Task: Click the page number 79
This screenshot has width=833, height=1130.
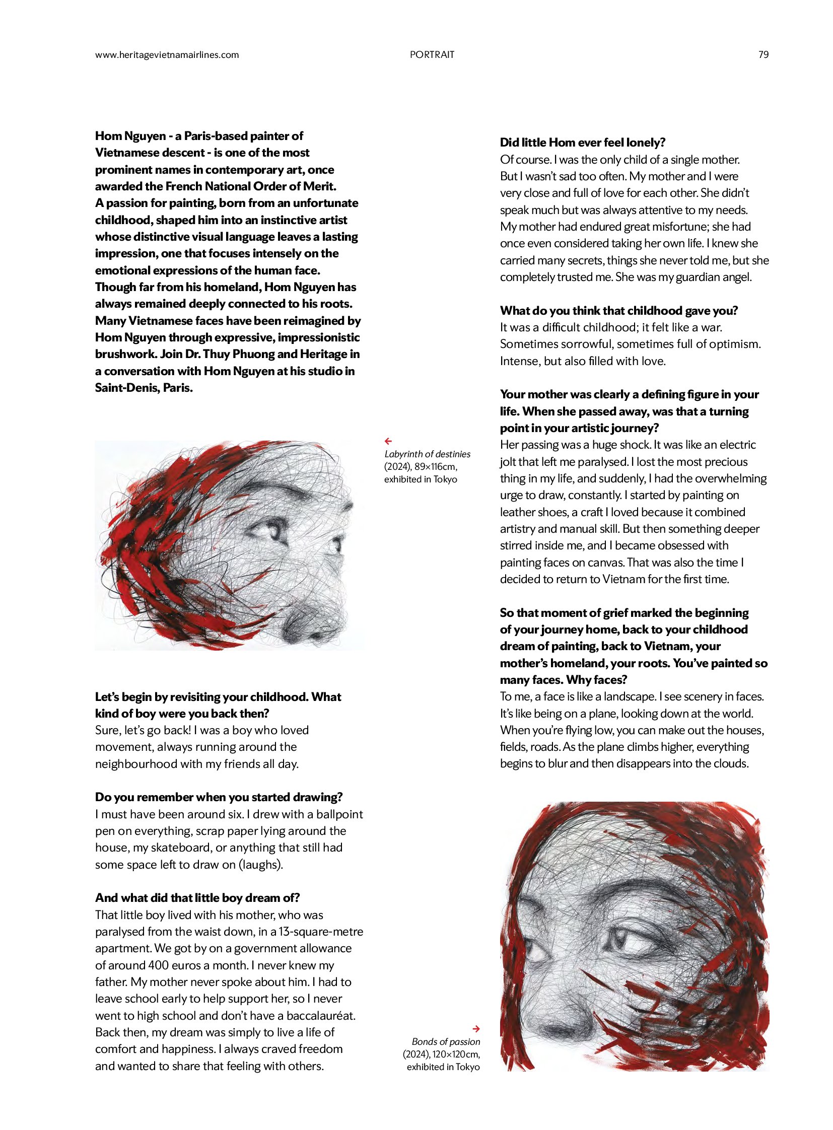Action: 763,54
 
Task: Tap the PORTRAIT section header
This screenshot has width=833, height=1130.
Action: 432,54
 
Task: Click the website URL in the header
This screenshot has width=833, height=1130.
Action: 167,54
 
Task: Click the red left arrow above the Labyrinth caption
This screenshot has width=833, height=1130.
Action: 388,441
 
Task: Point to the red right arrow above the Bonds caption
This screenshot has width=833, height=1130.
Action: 476,1029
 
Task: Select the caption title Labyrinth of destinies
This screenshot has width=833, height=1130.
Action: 427,454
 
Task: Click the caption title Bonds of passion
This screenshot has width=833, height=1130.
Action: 446,1042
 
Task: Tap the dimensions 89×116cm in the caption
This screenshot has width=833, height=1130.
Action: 435,467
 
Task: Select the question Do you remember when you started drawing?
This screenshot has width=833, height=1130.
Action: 219,797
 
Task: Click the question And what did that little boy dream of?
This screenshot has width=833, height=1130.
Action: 197,898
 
